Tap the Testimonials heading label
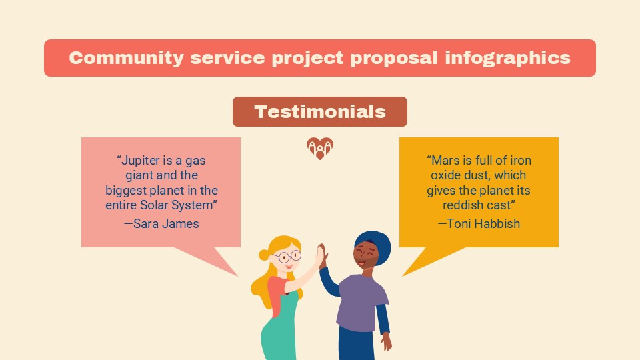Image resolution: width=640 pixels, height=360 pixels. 320,111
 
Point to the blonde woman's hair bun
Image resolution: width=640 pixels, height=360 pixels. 264,255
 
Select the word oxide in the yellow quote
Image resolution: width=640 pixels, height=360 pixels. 445,175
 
